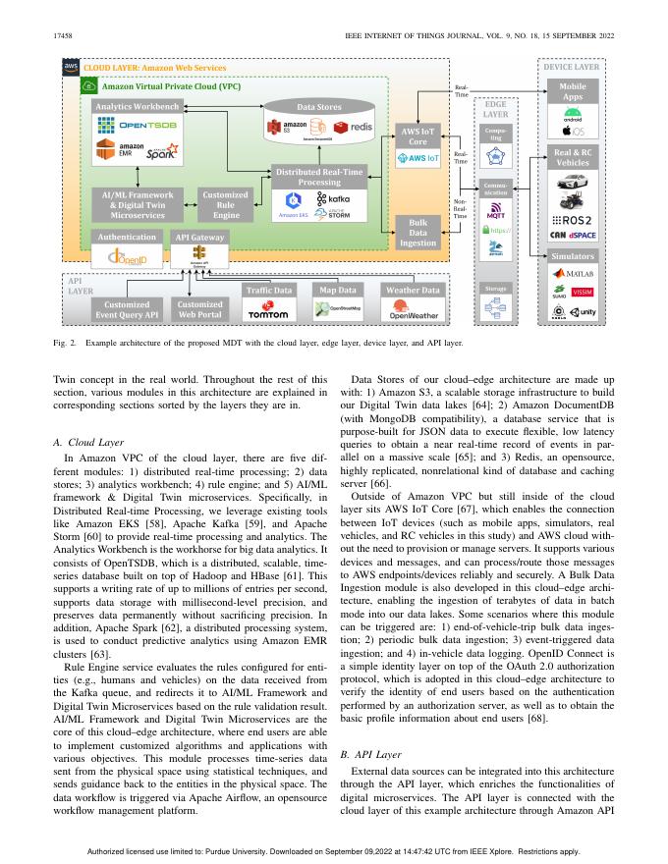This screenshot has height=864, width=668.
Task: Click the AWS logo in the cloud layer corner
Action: pos(70,68)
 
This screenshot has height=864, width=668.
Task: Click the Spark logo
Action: pos(162,154)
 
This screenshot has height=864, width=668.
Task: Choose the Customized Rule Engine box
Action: pos(226,204)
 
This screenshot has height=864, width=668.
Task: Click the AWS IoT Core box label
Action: pos(417,135)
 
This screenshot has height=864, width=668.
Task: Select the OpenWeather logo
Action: pos(414,314)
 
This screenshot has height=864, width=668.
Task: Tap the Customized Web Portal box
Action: pos(199,309)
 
